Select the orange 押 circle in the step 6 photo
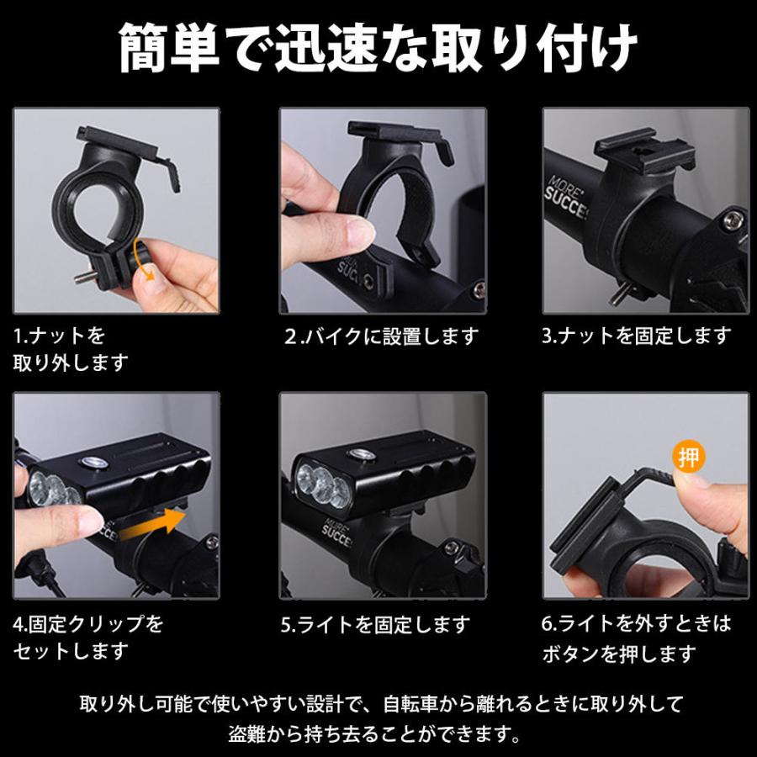(689, 458)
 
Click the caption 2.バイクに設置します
(381, 336)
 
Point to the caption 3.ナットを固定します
(636, 336)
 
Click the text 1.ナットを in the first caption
(60, 336)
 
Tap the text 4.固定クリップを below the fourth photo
(88, 624)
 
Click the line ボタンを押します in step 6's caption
(619, 652)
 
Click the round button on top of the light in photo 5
(363, 454)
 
